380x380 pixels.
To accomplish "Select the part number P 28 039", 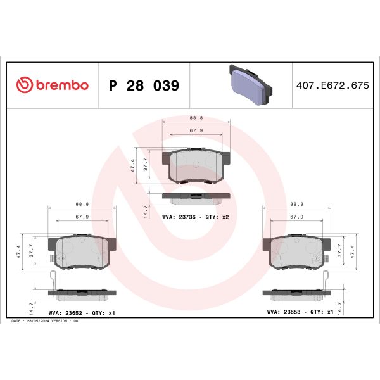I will [x=144, y=85].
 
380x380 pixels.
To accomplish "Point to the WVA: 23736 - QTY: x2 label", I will [x=194, y=217].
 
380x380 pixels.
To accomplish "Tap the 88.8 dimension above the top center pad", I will [x=196, y=118].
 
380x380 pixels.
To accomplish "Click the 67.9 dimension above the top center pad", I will [x=196, y=131].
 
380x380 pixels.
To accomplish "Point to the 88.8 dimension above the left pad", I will [x=82, y=204].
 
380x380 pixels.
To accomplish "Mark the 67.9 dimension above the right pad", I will [x=296, y=217].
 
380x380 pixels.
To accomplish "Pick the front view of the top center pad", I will [x=196, y=165].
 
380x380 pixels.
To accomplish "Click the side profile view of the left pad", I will [x=82, y=295].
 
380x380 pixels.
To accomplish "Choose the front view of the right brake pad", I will [x=296, y=251].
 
